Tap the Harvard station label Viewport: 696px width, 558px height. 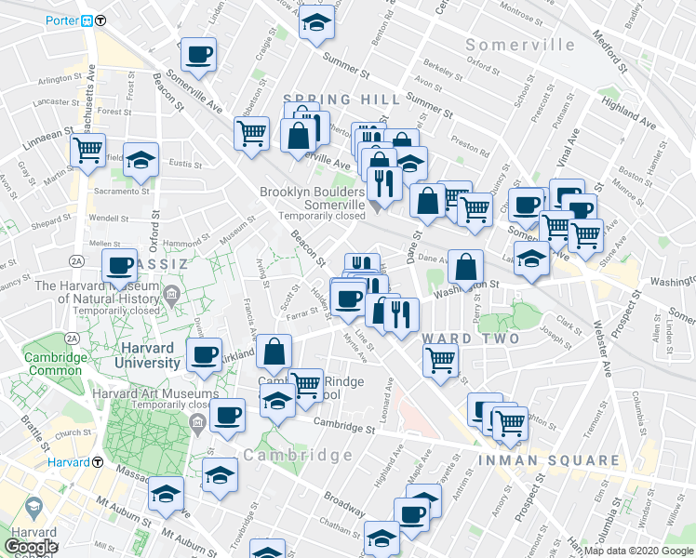[68, 461]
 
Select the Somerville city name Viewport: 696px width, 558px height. [520, 45]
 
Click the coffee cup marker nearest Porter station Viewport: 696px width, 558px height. [197, 55]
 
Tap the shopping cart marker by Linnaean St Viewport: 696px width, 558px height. [87, 150]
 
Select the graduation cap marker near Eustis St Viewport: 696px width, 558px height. [141, 161]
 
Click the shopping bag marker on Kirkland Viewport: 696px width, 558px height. [274, 352]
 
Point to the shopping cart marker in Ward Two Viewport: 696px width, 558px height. [440, 359]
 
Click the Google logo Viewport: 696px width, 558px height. [31, 546]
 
